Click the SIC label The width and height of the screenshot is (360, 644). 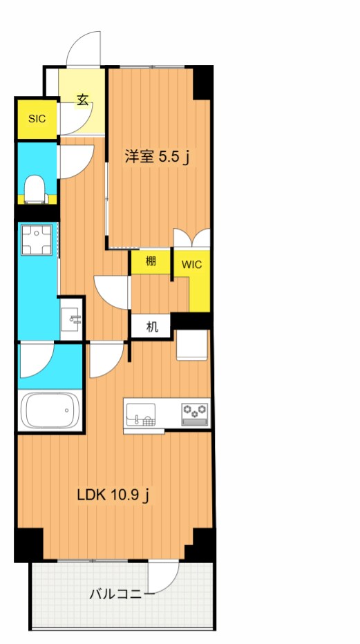(x=37, y=119)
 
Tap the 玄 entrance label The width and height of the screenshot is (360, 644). (x=82, y=100)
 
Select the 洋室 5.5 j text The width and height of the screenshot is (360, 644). (x=157, y=157)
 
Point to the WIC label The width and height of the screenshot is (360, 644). (x=191, y=265)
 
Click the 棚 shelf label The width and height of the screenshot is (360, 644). (x=151, y=262)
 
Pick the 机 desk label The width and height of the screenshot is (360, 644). (x=151, y=328)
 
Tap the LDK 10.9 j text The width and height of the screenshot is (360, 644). (x=113, y=495)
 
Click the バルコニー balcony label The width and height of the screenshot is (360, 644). (x=122, y=594)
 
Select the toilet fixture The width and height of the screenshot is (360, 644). (x=35, y=189)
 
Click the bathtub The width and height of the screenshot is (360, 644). (x=50, y=410)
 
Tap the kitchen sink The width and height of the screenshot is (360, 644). (x=141, y=414)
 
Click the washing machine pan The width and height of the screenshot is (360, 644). (x=37, y=240)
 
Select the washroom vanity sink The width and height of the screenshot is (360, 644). (x=71, y=319)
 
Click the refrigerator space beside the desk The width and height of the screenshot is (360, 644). (x=191, y=345)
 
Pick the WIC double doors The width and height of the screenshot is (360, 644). (x=191, y=238)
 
